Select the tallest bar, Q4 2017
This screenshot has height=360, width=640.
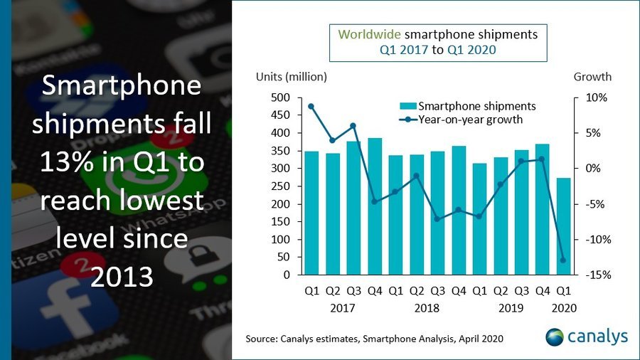(x=375, y=206)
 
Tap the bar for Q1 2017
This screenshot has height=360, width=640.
(x=311, y=213)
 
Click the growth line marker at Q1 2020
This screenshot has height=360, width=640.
(x=563, y=260)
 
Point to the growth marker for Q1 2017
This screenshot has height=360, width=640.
(x=311, y=106)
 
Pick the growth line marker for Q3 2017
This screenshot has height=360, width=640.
(x=353, y=126)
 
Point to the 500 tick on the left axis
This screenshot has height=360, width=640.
(x=280, y=97)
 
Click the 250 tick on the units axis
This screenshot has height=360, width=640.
(x=280, y=186)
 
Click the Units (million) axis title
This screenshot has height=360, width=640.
(x=292, y=77)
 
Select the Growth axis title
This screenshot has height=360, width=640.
(x=592, y=77)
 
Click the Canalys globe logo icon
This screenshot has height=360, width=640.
(x=555, y=337)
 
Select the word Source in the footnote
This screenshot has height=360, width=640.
(x=262, y=339)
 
